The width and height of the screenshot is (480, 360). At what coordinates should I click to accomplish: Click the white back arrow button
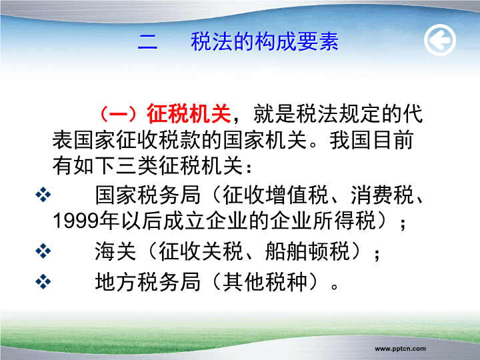[440, 40]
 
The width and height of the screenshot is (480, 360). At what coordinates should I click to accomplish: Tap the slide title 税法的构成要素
[265, 41]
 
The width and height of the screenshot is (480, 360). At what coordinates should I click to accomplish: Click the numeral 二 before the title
[147, 42]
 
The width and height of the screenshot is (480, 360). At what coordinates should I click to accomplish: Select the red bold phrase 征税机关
[189, 114]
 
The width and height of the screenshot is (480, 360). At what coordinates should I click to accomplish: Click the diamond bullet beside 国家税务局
[43, 195]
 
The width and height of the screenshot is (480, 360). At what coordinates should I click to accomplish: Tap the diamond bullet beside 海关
[43, 251]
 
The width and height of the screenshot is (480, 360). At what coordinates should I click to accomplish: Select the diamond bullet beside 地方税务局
[43, 281]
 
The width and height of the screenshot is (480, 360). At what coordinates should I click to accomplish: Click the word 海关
[115, 251]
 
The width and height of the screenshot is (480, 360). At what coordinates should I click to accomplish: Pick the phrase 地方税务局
[147, 281]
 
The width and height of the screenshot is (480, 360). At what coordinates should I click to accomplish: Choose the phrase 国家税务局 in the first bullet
[147, 195]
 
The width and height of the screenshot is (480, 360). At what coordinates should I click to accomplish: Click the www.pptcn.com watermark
[400, 349]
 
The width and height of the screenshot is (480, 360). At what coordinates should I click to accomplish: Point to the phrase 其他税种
[265, 281]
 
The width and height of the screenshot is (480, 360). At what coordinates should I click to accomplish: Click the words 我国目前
[371, 140]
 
